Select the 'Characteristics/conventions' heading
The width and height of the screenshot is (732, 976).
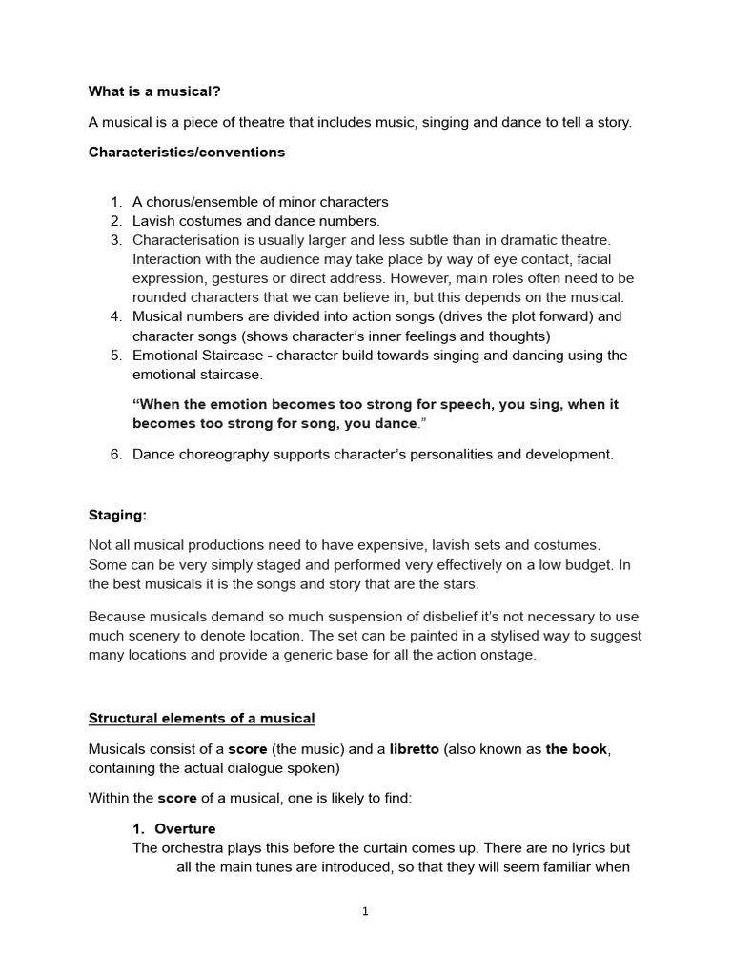pyautogui.click(x=187, y=152)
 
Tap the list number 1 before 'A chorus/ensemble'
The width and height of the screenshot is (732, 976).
pyautogui.click(x=115, y=202)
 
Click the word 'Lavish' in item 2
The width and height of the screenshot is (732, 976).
pyautogui.click(x=155, y=221)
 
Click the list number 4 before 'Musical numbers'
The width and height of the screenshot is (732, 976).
pyautogui.click(x=115, y=316)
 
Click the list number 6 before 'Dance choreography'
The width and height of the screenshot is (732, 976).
pyautogui.click(x=115, y=454)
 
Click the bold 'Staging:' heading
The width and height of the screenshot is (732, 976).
pyautogui.click(x=117, y=515)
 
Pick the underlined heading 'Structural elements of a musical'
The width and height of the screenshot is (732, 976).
pyautogui.click(x=201, y=718)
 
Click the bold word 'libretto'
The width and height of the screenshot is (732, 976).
pyautogui.click(x=414, y=749)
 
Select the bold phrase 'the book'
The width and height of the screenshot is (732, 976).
pyautogui.click(x=576, y=749)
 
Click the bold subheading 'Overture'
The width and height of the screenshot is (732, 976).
pyautogui.click(x=185, y=828)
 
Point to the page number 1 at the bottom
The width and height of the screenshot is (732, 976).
pyautogui.click(x=365, y=912)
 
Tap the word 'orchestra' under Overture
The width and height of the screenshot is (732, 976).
pyautogui.click(x=193, y=847)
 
